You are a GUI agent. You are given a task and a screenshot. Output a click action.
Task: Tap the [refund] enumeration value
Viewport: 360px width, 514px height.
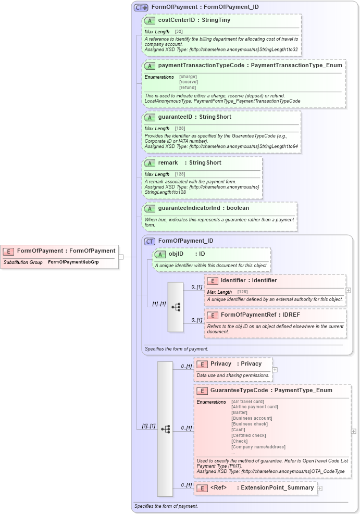point(188,87)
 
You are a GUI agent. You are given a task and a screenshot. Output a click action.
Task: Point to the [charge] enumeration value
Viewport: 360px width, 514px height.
point(188,77)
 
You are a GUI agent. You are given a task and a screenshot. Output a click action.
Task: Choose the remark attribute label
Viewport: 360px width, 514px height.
point(168,162)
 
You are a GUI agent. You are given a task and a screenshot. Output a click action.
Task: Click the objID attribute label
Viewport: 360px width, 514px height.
point(176,254)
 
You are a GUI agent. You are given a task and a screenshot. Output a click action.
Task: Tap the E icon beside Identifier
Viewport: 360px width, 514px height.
point(212,281)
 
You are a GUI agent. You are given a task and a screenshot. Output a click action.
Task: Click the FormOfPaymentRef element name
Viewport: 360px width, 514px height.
point(249,315)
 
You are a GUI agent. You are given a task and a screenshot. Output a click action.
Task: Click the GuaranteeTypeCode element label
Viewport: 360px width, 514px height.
point(239,390)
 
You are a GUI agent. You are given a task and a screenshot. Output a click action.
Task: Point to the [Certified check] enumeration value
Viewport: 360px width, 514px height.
point(249,435)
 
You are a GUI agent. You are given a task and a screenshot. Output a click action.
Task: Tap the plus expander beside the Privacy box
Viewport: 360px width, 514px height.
point(275,370)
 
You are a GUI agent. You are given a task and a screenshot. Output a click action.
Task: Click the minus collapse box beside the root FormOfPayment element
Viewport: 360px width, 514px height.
point(121,256)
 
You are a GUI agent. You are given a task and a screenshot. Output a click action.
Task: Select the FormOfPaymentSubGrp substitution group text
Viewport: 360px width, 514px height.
point(73,262)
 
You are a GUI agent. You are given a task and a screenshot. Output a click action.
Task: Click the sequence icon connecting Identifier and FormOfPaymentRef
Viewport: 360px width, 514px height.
point(176,307)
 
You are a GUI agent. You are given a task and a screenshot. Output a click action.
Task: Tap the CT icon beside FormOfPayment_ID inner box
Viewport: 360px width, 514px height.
point(150,241)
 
